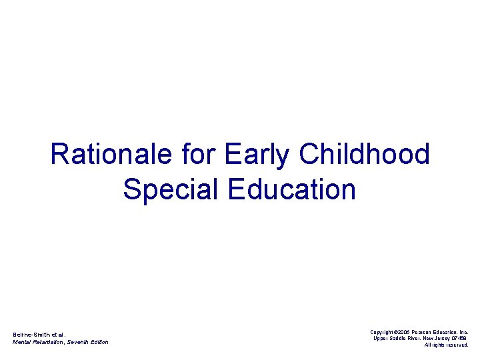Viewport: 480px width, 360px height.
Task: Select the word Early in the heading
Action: [257, 155]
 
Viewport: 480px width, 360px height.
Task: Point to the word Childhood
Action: [365, 155]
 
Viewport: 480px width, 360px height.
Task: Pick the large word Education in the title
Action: [292, 190]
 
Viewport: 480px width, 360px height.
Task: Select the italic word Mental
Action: [21, 342]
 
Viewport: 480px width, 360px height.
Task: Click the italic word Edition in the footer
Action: [99, 342]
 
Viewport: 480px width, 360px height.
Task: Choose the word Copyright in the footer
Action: [384, 331]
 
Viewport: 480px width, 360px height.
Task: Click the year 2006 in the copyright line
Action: [407, 331]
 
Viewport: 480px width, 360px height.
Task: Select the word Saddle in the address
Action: [398, 338]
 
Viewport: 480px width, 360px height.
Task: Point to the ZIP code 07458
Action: [461, 338]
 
